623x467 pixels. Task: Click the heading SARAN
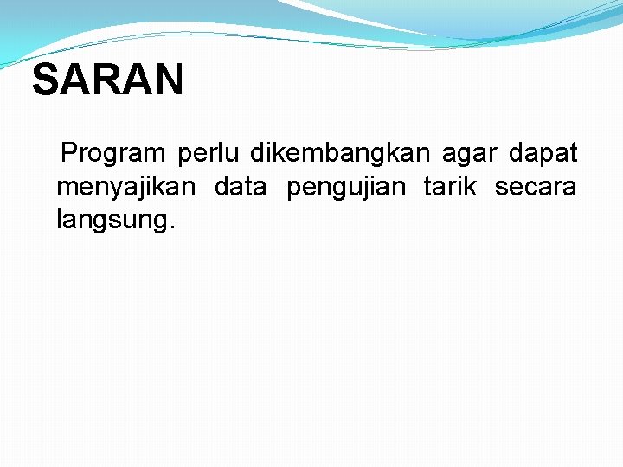[108, 80]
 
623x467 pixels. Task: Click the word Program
[113, 154]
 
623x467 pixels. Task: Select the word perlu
[208, 154]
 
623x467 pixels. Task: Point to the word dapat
[543, 154]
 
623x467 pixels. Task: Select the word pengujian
[345, 188]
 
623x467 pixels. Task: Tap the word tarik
[450, 186]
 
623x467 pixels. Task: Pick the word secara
[536, 187]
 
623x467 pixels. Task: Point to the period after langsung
[171, 227]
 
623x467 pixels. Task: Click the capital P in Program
[70, 154]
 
